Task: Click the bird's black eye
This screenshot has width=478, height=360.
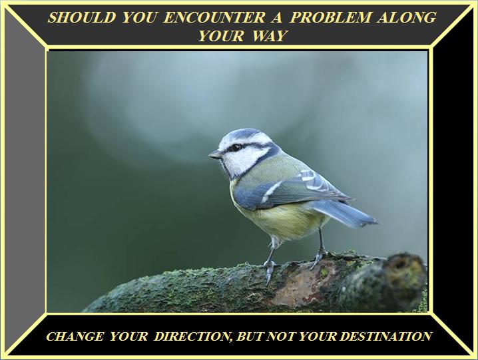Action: [x=236, y=148]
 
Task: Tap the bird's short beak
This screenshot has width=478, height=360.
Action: [x=216, y=154]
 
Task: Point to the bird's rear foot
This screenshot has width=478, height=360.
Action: [x=318, y=257]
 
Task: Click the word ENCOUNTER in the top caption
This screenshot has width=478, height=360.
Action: [x=214, y=17]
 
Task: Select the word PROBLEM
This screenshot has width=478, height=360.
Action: [x=330, y=17]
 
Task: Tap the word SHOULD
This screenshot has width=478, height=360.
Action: [x=82, y=17]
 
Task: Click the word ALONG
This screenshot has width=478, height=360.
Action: [x=406, y=17]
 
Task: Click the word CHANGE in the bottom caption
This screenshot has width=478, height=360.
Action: [x=75, y=336]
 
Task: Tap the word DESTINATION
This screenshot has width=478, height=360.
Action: [x=385, y=336]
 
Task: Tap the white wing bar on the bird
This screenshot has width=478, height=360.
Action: [x=272, y=192]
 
